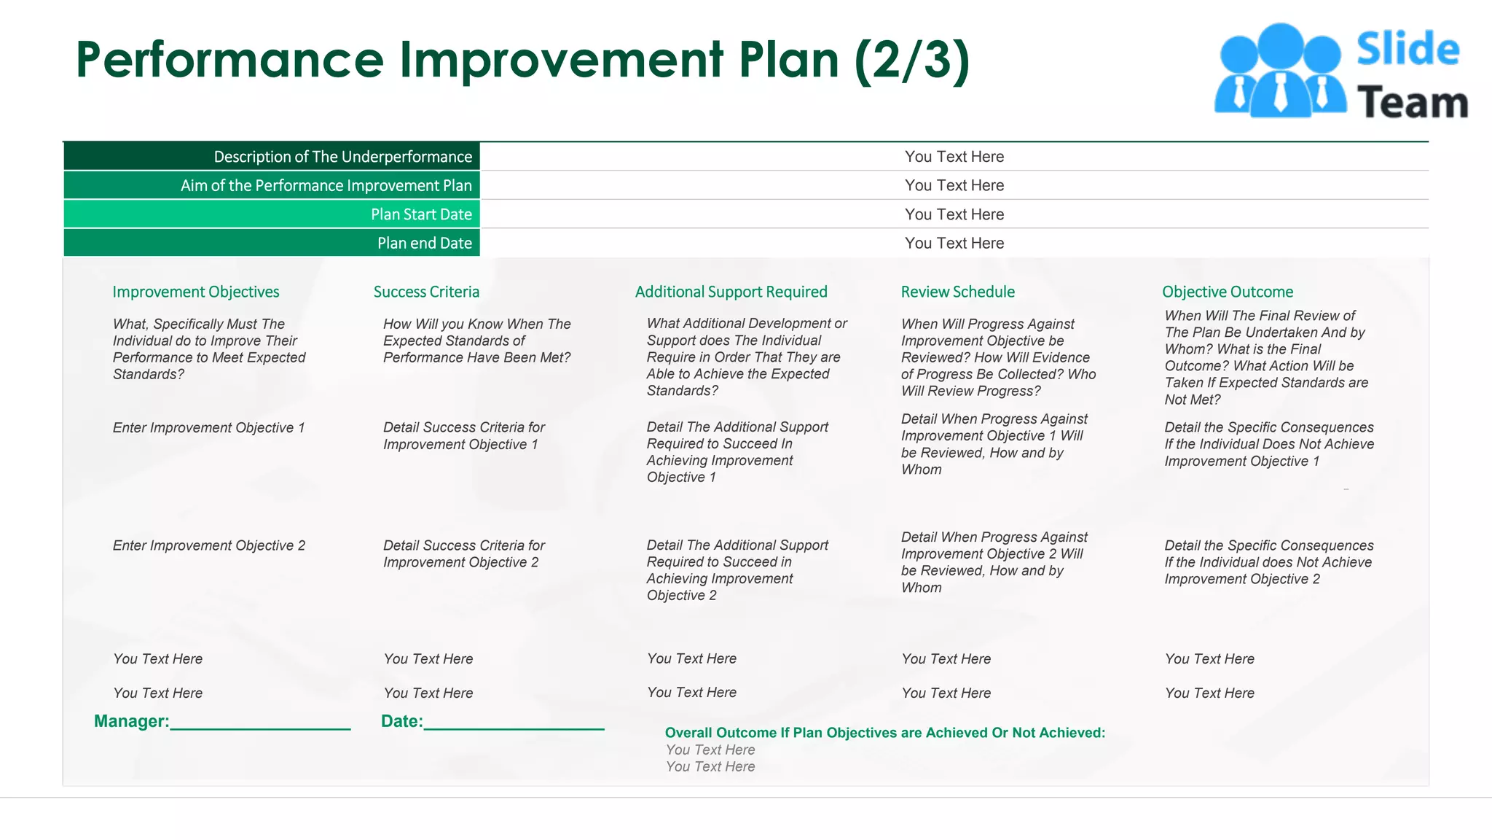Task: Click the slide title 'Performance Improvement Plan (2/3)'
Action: pos(522,60)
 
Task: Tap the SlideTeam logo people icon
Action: pos(1279,71)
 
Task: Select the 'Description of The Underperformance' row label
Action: pos(342,157)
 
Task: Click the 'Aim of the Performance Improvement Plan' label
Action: pos(326,186)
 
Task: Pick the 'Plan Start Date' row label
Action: pos(421,214)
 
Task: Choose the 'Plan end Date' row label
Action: pos(424,244)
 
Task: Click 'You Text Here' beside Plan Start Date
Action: pos(954,214)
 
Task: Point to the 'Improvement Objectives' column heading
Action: pos(195,292)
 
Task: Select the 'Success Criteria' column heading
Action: pos(426,292)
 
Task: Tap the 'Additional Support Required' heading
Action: pos(731,292)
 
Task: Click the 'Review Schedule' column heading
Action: pos(957,292)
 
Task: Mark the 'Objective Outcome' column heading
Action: pos(1228,292)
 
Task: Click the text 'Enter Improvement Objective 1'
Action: pos(208,428)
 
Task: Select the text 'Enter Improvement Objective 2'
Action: pos(208,546)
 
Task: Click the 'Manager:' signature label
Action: pos(131,721)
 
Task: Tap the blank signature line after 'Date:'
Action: pos(514,723)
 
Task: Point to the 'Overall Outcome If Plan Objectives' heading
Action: pos(884,733)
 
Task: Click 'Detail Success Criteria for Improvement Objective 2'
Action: pos(463,554)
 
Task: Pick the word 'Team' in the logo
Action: pos(1412,102)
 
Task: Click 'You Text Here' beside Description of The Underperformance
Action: pos(954,157)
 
